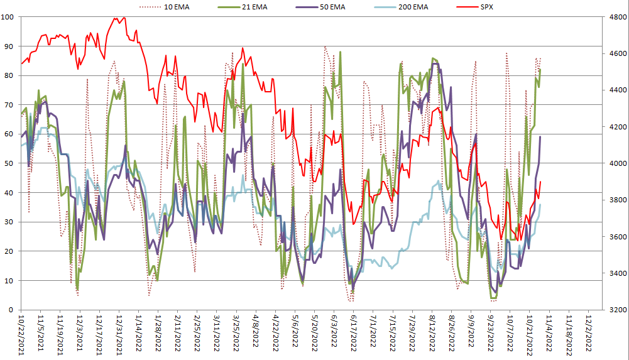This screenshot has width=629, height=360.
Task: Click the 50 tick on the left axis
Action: coord(9,163)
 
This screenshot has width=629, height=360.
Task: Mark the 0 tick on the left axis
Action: coord(12,310)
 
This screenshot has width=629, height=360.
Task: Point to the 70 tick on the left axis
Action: coord(9,105)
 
